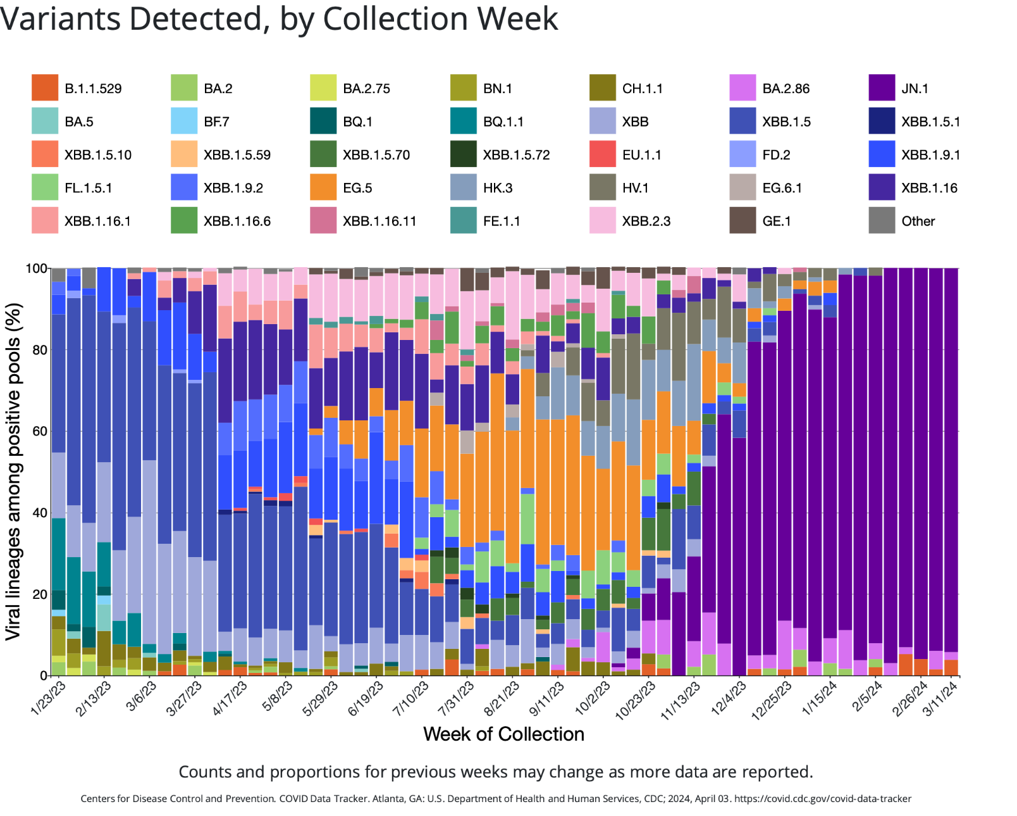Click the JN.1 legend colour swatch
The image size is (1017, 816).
[882, 87]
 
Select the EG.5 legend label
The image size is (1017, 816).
[357, 188]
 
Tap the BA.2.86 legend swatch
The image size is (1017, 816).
[743, 87]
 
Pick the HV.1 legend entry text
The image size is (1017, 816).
[635, 188]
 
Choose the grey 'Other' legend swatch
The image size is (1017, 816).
[882, 220]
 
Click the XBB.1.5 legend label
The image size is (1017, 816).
[786, 122]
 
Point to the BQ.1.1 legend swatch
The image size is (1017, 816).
[464, 121]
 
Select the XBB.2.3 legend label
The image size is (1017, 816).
[646, 221]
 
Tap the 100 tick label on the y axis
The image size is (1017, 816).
[37, 268]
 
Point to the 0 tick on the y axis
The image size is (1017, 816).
[44, 675]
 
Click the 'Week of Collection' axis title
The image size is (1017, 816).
[504, 734]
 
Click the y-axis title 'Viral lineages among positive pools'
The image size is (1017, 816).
[13, 472]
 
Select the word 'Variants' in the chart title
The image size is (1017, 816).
[60, 19]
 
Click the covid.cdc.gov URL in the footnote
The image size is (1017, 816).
[823, 799]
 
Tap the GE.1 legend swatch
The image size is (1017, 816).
[743, 220]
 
